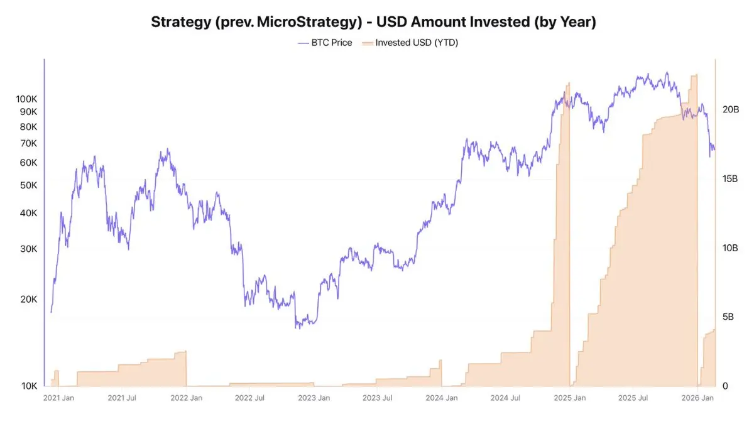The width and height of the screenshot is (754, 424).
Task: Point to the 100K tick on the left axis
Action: click(27, 99)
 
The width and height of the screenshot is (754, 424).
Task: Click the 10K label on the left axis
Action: click(30, 386)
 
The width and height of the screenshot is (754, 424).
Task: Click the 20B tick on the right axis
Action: click(730, 109)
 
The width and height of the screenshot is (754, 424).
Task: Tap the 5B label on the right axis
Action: click(728, 317)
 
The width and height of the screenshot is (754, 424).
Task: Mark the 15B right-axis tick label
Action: click(730, 179)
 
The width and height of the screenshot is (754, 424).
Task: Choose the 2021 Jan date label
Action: click(59, 398)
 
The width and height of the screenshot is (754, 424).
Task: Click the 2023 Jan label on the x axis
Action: click(314, 398)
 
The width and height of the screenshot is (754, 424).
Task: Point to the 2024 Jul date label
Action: click(506, 398)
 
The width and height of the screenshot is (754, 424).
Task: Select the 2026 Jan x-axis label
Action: click(698, 398)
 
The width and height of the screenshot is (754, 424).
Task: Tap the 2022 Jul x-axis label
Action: click(249, 398)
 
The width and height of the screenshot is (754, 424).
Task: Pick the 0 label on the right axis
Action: click(725, 386)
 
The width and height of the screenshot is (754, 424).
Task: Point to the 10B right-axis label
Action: click(730, 248)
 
